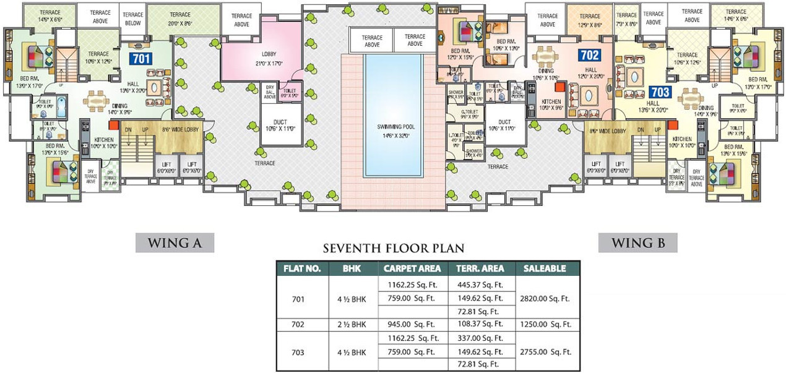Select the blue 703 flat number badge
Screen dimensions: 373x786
tap(660, 92)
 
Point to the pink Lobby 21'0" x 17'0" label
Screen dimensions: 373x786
tap(269, 59)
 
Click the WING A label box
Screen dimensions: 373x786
tap(175, 243)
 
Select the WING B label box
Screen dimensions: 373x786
tap(637, 243)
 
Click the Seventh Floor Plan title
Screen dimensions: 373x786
tap(393, 249)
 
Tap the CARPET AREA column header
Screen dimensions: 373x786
tap(412, 268)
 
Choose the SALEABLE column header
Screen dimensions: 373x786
tap(544, 268)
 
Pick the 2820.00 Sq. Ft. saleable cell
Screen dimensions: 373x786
tap(544, 298)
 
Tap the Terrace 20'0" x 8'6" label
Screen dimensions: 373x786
tap(180, 18)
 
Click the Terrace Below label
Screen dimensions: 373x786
tap(132, 18)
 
